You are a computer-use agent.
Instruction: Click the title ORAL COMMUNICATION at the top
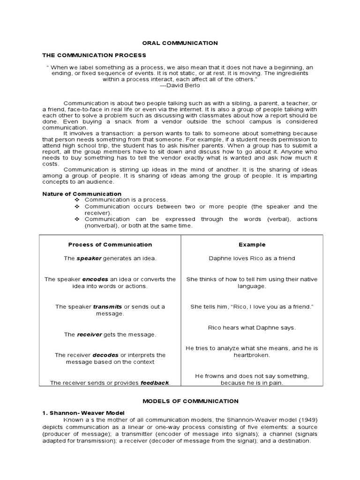[x=180, y=43]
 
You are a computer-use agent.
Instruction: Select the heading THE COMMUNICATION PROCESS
[x=94, y=55]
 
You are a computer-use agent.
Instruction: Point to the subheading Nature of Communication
[x=82, y=194]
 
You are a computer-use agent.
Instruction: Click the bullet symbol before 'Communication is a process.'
[x=78, y=200]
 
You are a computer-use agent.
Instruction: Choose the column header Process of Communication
[x=110, y=244]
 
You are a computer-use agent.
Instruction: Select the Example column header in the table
[x=252, y=244]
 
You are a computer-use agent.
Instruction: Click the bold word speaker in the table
[x=89, y=258]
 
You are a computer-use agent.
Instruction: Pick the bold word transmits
[x=107, y=307]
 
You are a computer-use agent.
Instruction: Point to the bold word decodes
[x=105, y=355]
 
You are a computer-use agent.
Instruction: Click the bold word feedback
[x=154, y=383]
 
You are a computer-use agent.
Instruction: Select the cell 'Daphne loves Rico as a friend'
[x=252, y=258]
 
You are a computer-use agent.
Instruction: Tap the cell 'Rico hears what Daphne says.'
[x=252, y=328]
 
